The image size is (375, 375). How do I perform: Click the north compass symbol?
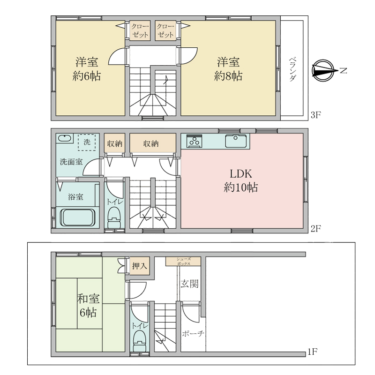(x=323, y=71)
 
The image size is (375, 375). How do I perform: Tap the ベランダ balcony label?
(x=292, y=69)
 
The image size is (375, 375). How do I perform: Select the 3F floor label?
(x=315, y=115)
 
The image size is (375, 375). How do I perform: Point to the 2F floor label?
(x=315, y=229)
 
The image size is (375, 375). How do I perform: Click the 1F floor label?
(x=312, y=352)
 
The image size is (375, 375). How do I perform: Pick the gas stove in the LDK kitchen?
(x=194, y=141)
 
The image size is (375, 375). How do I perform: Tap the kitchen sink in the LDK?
(x=236, y=141)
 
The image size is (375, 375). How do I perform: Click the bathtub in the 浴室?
(x=77, y=217)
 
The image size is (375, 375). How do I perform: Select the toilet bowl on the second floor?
(x=114, y=217)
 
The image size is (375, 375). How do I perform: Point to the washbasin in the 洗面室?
(x=64, y=138)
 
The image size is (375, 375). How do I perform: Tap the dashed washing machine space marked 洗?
(x=87, y=142)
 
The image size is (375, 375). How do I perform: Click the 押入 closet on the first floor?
(x=140, y=266)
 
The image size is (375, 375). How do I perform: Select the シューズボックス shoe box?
(x=183, y=262)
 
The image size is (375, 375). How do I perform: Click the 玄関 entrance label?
(x=189, y=284)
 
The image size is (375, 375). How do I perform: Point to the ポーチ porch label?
(x=193, y=333)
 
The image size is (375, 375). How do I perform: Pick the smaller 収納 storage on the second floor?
(x=114, y=143)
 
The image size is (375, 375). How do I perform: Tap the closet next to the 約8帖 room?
(x=165, y=30)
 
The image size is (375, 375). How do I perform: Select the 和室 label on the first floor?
(x=88, y=299)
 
